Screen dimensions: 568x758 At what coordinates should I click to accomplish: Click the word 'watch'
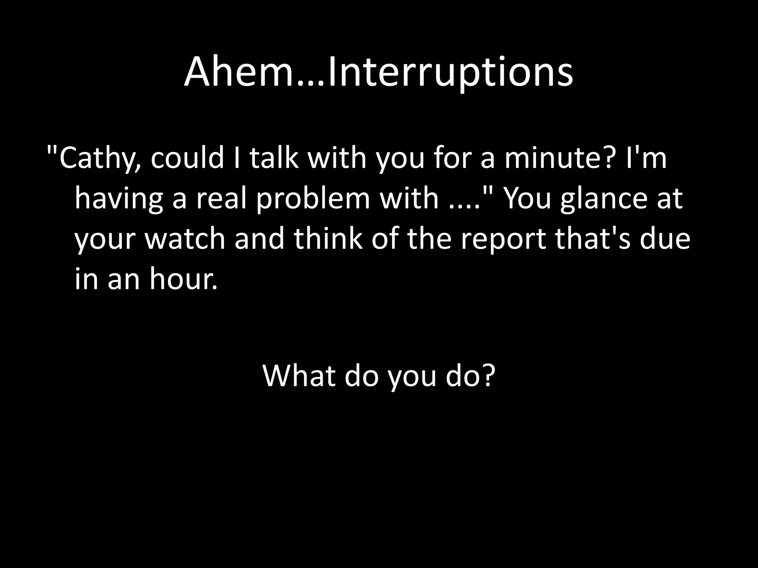pos(185,239)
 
